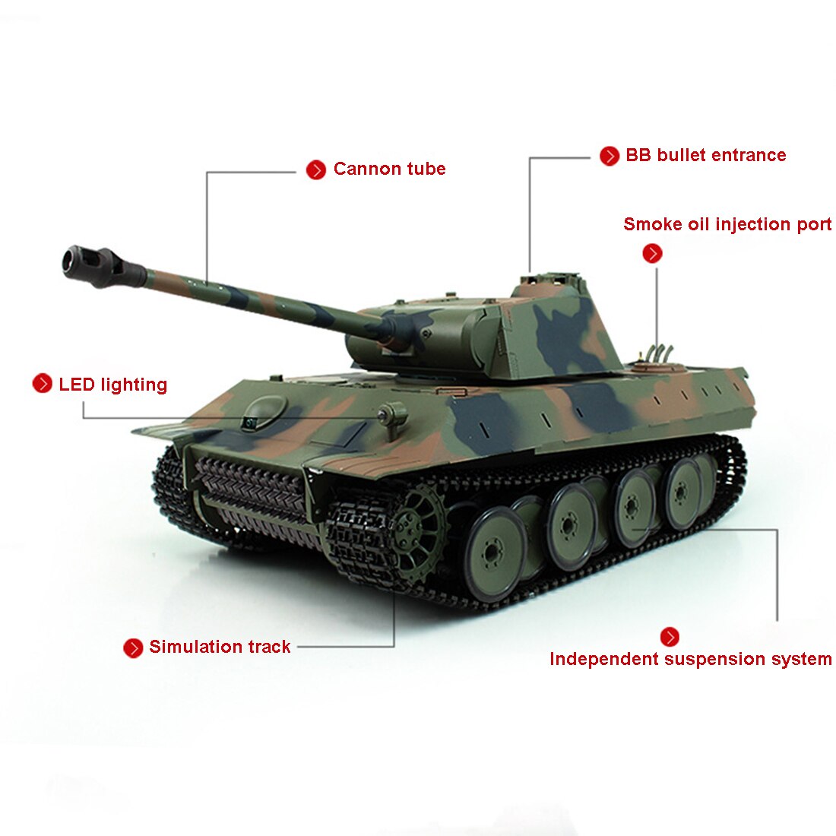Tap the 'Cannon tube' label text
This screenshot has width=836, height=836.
click(x=389, y=169)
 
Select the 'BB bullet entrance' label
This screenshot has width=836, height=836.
click(x=705, y=155)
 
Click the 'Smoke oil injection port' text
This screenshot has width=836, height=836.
click(x=727, y=224)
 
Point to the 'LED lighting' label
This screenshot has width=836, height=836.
click(x=113, y=385)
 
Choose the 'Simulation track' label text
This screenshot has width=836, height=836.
click(x=220, y=647)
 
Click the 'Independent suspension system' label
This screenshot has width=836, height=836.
click(x=690, y=659)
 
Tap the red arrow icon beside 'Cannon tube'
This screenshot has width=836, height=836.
click(x=316, y=170)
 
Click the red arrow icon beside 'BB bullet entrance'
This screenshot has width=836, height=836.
click(x=610, y=157)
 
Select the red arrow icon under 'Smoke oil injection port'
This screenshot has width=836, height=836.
click(x=653, y=253)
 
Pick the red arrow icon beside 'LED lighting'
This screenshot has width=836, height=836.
click(x=42, y=383)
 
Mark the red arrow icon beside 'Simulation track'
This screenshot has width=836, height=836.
click(x=133, y=648)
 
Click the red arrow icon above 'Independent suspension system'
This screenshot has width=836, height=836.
click(x=670, y=637)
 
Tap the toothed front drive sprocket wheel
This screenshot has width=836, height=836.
click(x=416, y=530)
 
